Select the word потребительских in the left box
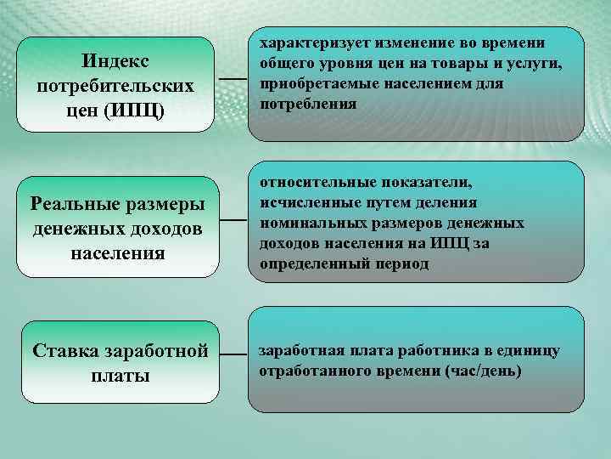(x=115, y=87)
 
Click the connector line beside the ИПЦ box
(x=233, y=78)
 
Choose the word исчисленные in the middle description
(x=303, y=202)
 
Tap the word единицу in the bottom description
(x=531, y=351)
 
